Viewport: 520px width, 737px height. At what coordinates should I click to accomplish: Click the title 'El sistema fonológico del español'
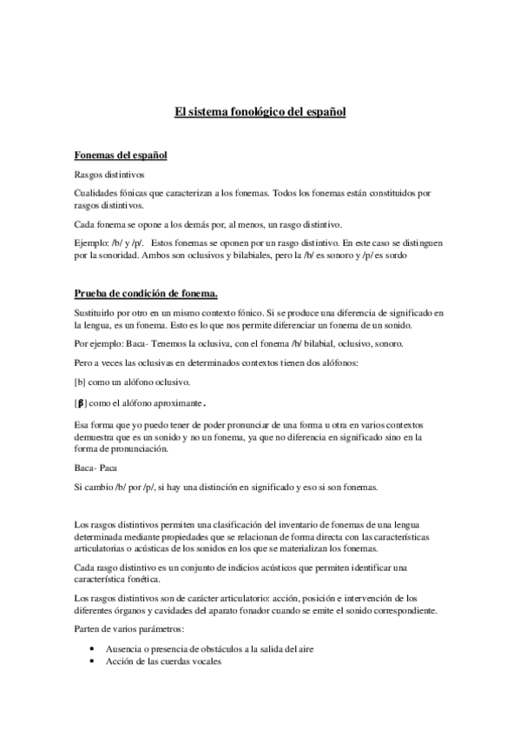pos(260,112)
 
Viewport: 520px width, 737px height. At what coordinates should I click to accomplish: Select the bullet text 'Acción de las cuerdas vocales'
pos(165,661)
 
